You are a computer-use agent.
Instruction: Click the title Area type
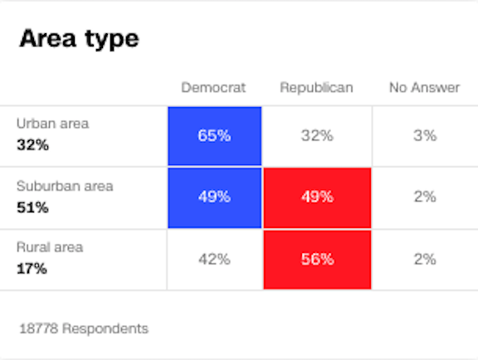[x=79, y=38]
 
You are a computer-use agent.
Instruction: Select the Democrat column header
[x=213, y=88]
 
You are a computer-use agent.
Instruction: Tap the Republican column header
[x=316, y=88]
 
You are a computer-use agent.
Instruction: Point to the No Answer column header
[x=424, y=88]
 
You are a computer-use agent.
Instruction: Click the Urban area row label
[x=52, y=124]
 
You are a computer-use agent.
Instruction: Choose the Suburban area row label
[x=65, y=187]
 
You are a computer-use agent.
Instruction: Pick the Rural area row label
[x=50, y=247]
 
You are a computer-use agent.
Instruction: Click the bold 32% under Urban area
[x=32, y=145]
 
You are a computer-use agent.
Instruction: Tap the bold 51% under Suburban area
[x=32, y=207]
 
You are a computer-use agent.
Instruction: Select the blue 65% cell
[x=214, y=136]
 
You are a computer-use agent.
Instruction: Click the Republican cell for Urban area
[x=317, y=136]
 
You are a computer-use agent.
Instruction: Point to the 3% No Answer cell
[x=424, y=136]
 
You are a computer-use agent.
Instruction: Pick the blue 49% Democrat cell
[x=214, y=197]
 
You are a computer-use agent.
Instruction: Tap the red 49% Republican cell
[x=317, y=197]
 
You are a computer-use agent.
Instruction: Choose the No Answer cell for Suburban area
[x=424, y=197]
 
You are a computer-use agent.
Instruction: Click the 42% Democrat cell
[x=214, y=260]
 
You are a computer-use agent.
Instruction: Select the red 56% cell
[x=317, y=260]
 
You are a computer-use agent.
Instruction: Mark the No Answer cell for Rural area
[x=424, y=260]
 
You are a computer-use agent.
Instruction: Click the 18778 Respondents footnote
[x=83, y=328]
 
